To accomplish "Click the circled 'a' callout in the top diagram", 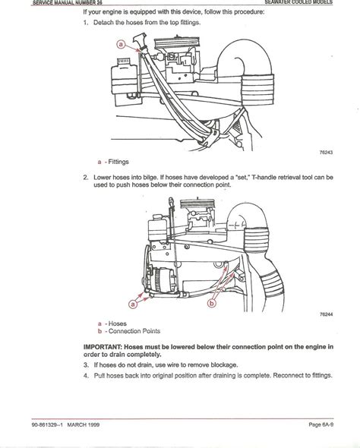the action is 122,44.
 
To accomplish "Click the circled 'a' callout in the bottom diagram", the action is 133,304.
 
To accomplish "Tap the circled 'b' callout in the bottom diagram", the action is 212,304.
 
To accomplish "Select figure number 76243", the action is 326,153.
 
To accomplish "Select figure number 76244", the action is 326,314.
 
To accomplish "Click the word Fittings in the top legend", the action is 118,162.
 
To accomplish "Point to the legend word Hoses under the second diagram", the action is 118,323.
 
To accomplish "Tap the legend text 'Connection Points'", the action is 134,331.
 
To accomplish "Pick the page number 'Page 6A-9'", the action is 321,424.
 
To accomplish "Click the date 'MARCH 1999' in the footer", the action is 83,425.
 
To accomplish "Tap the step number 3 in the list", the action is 86,365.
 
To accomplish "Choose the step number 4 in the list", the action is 86,375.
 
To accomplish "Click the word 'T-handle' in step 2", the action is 264,178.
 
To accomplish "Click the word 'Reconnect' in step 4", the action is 286,375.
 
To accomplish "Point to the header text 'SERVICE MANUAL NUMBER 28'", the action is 67,2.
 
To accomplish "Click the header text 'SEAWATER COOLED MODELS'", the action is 298,2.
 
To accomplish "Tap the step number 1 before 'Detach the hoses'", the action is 86,23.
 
